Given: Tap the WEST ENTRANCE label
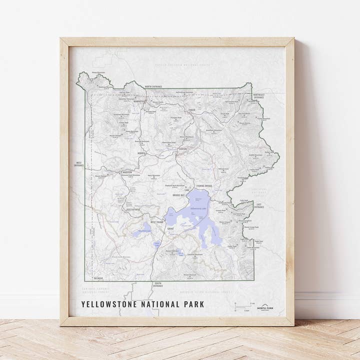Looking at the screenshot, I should pos(79,164).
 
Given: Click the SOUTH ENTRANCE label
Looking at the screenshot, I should pos(157,284).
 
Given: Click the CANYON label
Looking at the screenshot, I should pos(182,149).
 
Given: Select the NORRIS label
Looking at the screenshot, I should pos(141,153).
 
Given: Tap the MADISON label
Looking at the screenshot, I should pos(127,172).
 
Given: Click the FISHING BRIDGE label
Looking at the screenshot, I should pos(204,186).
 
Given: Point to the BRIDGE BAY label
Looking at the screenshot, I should pos(179,195).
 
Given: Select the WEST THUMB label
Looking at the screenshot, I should pos(156,221).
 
